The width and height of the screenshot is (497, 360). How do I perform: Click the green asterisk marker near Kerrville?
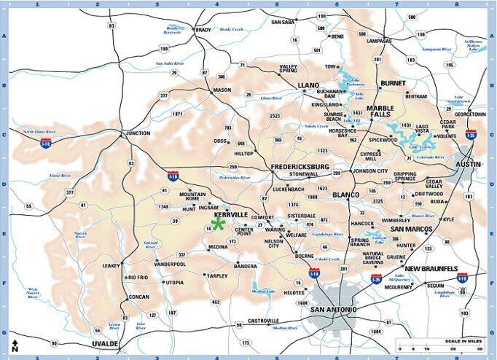point(218,224)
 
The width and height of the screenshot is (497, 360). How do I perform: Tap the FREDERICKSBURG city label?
point(301,167)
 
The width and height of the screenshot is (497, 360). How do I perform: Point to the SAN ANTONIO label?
point(334,310)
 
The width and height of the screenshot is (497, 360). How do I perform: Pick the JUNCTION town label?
point(137,133)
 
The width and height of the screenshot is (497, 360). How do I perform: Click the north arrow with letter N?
point(15,346)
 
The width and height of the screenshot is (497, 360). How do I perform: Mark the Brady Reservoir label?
point(171,31)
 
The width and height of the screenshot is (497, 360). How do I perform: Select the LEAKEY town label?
point(112,265)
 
